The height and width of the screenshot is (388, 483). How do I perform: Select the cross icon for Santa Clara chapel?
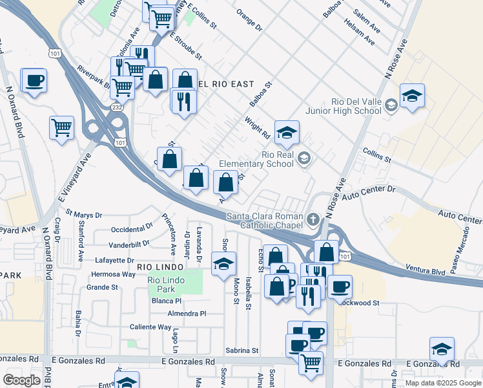313,219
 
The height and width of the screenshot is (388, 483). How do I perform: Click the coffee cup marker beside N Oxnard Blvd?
34,81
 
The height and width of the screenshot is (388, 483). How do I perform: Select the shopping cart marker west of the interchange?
61,127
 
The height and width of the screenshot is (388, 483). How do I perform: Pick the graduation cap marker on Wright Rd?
287,133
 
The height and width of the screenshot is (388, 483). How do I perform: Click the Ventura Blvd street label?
426,269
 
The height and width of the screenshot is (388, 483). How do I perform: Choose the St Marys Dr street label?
79,215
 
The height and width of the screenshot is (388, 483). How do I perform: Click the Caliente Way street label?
150,327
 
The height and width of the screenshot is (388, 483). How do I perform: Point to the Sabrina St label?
241,350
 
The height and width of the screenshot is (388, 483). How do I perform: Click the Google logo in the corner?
21,380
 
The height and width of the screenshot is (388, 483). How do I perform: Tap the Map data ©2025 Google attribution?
443,383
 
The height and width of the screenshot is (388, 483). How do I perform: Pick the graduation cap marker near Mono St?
223,263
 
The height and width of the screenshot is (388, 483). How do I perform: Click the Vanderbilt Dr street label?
129,244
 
